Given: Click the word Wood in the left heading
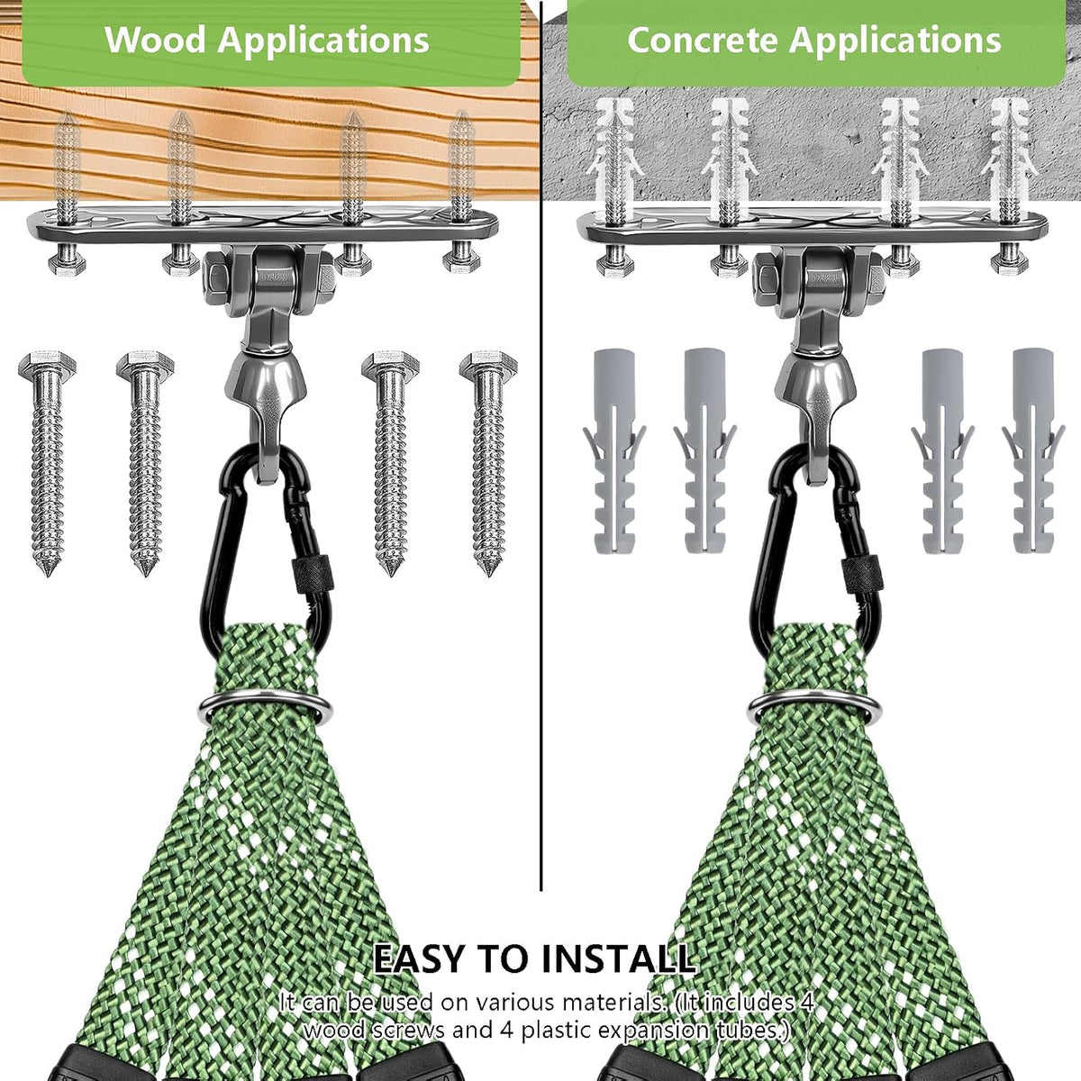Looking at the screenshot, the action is pos(155,40).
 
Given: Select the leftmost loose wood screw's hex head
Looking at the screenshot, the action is pos(47,365).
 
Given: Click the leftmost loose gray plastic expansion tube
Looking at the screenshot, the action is pos(615,450).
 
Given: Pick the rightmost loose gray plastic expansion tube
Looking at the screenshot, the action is pos(1033,450).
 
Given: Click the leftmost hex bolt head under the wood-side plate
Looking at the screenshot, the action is pos(67,262).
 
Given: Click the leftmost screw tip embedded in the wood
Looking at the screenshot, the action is pos(68,118).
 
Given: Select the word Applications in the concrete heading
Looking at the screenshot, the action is pos(895,41).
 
